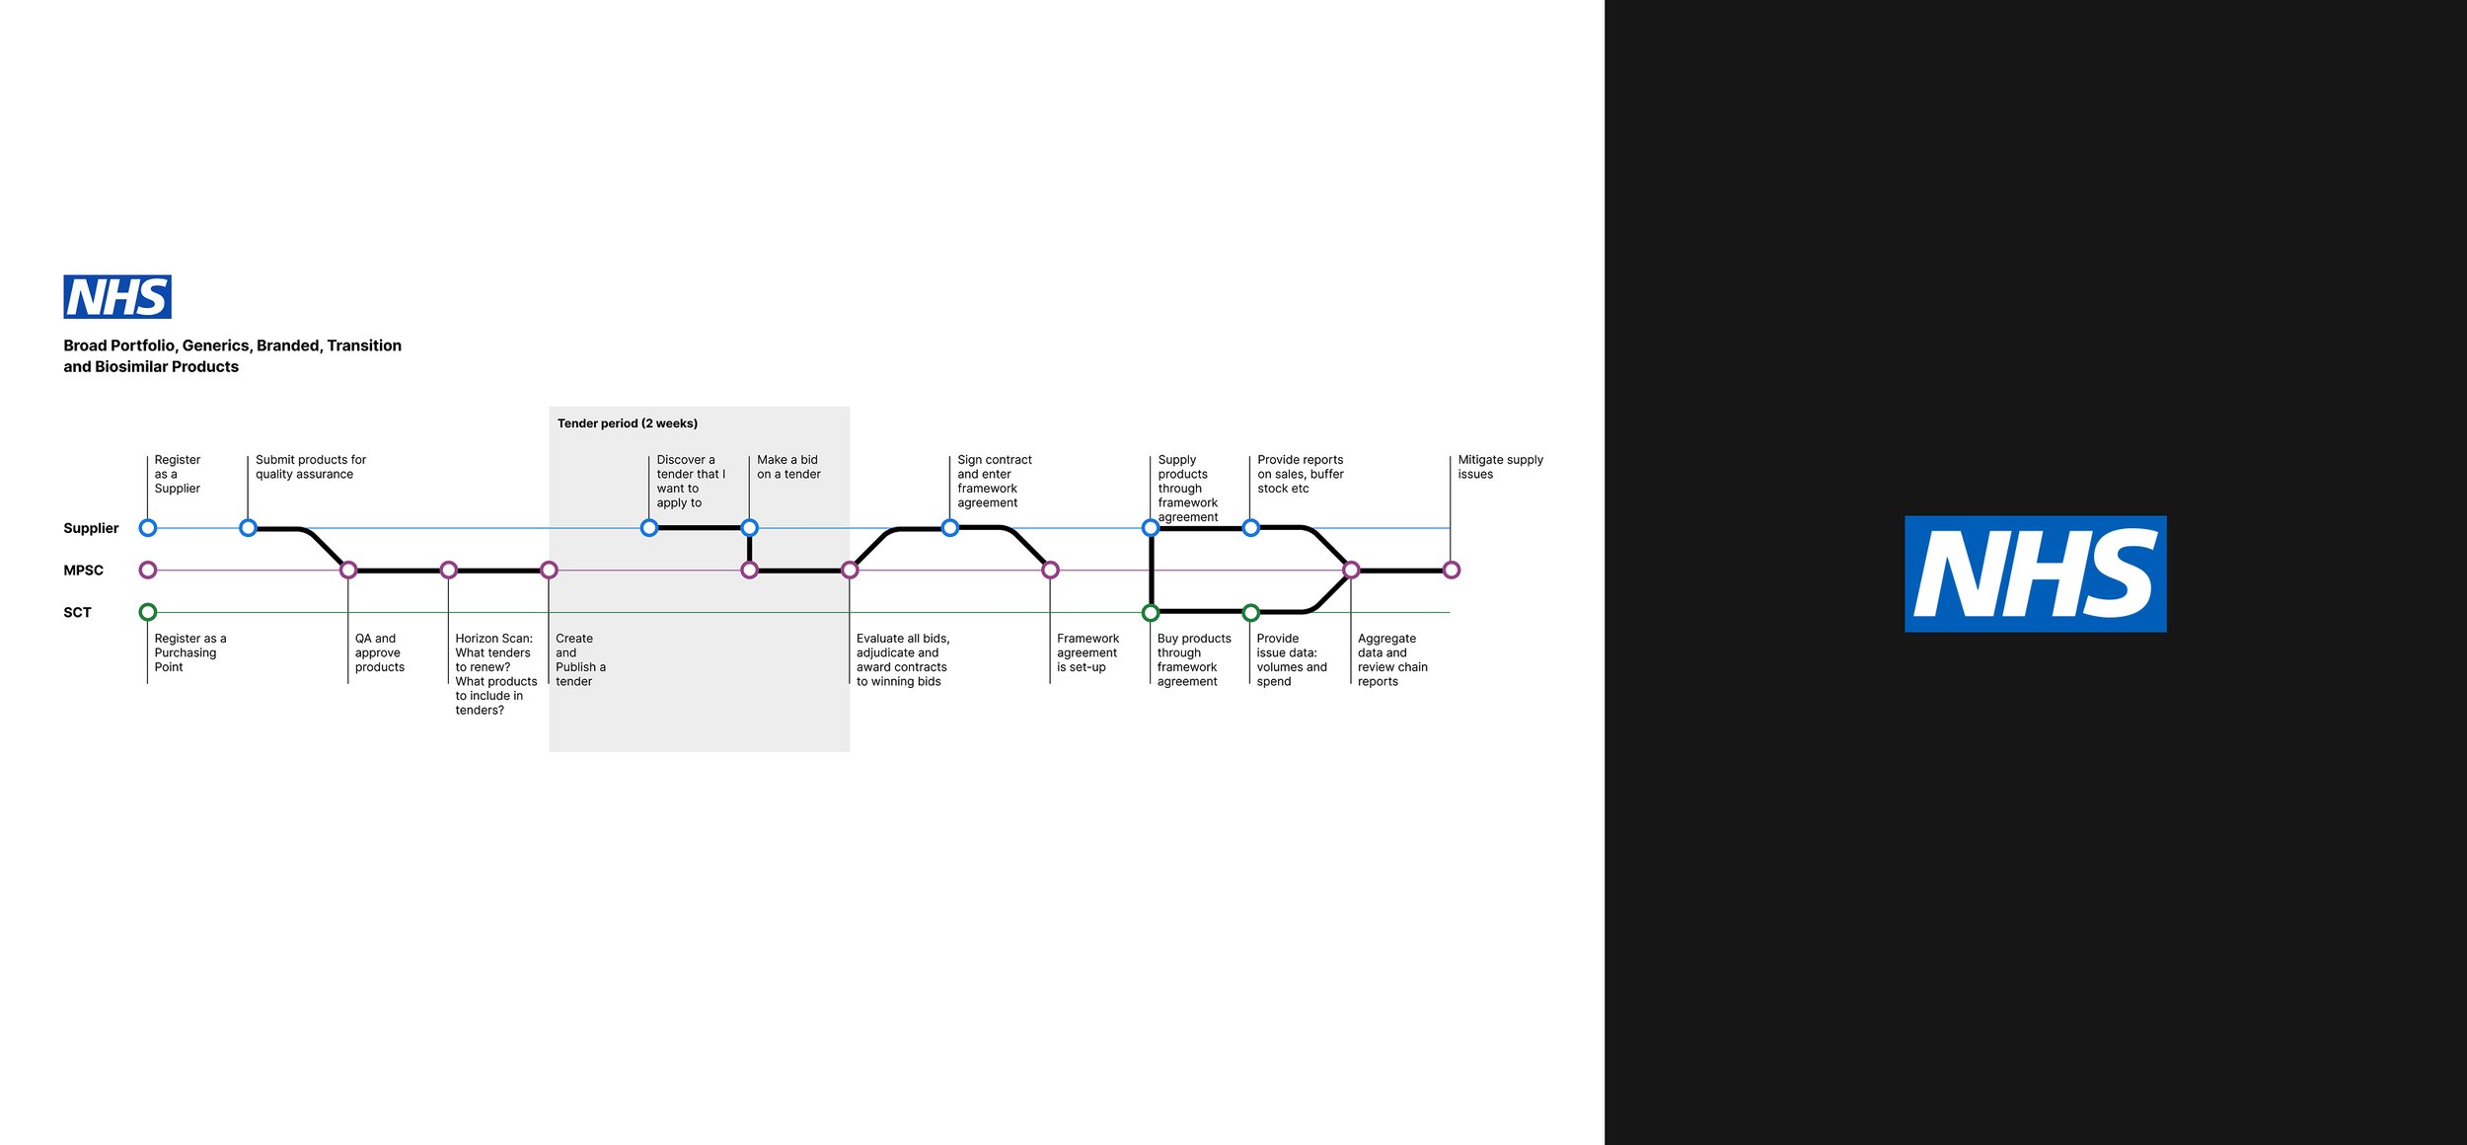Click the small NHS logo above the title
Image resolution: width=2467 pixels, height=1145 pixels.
click(117, 296)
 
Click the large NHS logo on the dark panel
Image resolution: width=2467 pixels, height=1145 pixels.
click(2035, 573)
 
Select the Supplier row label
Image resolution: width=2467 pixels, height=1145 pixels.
click(91, 528)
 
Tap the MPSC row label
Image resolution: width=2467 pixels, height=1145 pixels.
click(83, 571)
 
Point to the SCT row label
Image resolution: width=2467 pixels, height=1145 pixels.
click(77, 612)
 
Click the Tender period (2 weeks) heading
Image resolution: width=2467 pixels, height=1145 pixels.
click(627, 423)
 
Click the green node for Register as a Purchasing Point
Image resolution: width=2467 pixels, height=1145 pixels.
click(148, 612)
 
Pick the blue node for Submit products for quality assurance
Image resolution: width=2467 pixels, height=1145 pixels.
click(249, 528)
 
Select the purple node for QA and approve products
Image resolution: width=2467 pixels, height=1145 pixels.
click(348, 570)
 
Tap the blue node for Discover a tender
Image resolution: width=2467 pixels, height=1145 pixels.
click(649, 528)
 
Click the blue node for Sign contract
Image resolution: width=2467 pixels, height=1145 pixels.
click(950, 528)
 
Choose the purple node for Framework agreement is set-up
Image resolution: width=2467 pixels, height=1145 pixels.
click(1050, 570)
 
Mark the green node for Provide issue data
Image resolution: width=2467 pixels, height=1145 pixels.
click(1250, 612)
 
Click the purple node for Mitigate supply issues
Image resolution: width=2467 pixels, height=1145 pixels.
click(1451, 570)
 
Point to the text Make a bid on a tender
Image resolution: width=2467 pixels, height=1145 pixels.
click(788, 467)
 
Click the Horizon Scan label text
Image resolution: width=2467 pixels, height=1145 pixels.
click(495, 674)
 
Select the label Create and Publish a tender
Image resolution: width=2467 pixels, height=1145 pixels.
click(580, 659)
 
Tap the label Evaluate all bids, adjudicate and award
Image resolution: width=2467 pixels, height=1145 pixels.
click(902, 659)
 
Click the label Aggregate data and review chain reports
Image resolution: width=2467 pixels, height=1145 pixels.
click(1391, 659)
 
